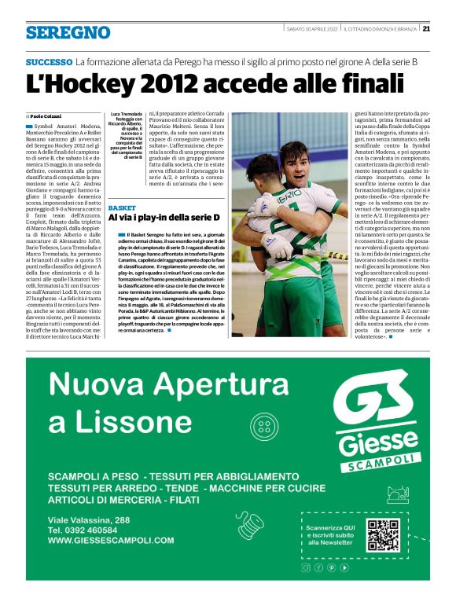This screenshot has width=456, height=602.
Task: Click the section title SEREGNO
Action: click(68, 32)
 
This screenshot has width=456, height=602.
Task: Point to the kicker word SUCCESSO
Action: click(49, 61)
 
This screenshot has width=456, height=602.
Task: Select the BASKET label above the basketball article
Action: click(122, 207)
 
